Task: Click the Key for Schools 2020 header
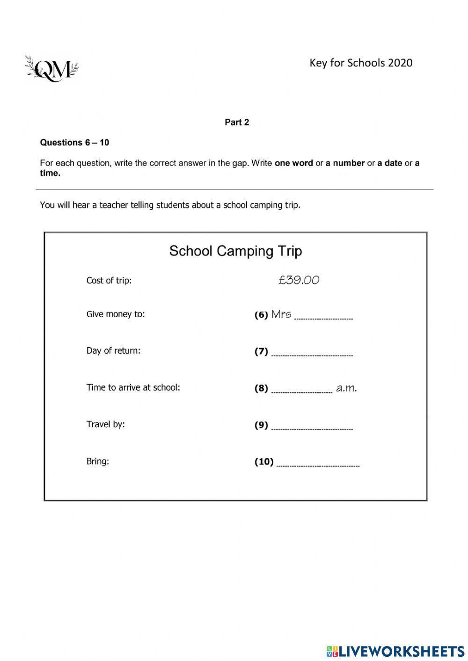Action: [x=361, y=63]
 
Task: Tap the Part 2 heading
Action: [x=237, y=123]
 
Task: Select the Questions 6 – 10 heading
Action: [x=74, y=143]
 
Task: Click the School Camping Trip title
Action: [x=235, y=251]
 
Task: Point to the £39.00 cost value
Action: [x=299, y=280]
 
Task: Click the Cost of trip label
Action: [x=109, y=281]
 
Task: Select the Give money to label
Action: [x=116, y=314]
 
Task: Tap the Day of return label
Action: [x=113, y=351]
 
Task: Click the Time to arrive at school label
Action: [x=133, y=387]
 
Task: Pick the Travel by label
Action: [x=105, y=424]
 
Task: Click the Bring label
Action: [x=97, y=461]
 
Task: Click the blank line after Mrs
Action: [x=324, y=317]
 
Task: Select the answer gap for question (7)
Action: [x=312, y=354]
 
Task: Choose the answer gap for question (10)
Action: [x=318, y=464]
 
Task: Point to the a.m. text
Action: [x=346, y=388]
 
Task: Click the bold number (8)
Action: [x=261, y=388]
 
